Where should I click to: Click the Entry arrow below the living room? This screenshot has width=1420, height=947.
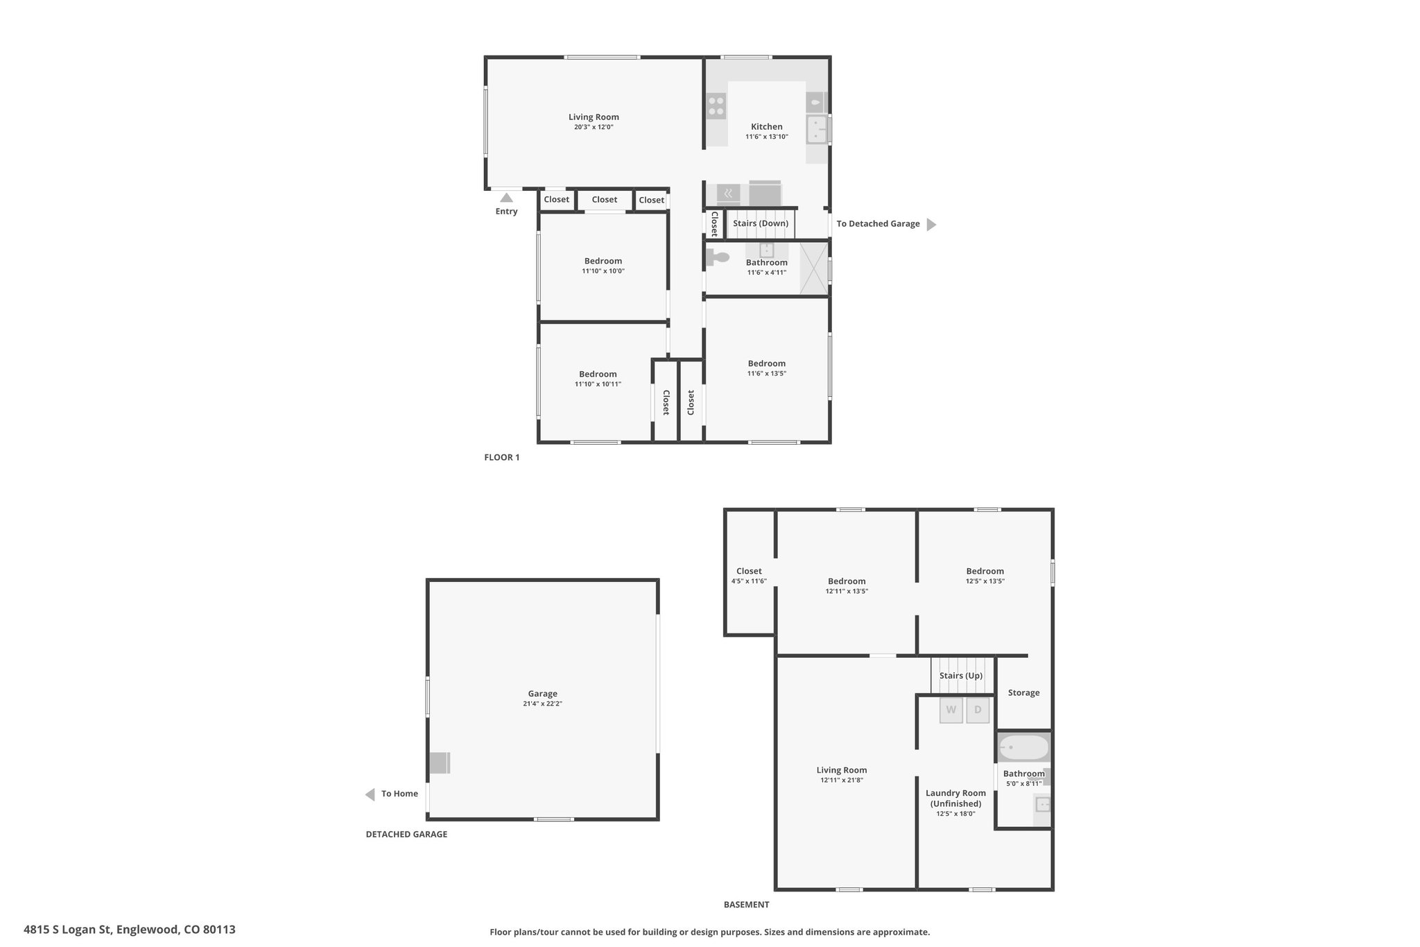point(507,198)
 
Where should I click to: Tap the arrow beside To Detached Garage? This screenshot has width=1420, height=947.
point(931,224)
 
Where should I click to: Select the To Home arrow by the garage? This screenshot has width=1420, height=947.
point(370,794)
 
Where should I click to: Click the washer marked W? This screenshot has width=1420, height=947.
point(951,710)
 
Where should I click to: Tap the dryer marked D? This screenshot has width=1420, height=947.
point(978,710)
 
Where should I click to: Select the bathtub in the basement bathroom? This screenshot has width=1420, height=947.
point(1023,748)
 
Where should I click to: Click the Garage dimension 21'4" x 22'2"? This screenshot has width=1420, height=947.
point(543,703)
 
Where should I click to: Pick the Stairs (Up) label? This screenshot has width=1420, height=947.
point(961,676)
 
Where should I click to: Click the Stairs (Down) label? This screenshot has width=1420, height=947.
point(761,223)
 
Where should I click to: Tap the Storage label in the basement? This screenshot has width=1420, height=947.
point(1023,692)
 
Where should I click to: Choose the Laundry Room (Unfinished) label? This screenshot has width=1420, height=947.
point(955,798)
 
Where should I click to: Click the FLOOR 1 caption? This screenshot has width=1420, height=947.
point(502,457)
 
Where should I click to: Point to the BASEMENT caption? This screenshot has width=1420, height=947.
point(747,905)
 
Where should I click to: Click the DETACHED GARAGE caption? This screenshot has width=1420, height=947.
point(406,835)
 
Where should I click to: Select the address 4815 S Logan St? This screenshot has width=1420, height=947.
point(67,930)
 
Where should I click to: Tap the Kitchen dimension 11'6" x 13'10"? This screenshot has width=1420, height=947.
point(767,137)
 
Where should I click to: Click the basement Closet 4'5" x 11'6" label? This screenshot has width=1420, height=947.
point(749,576)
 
